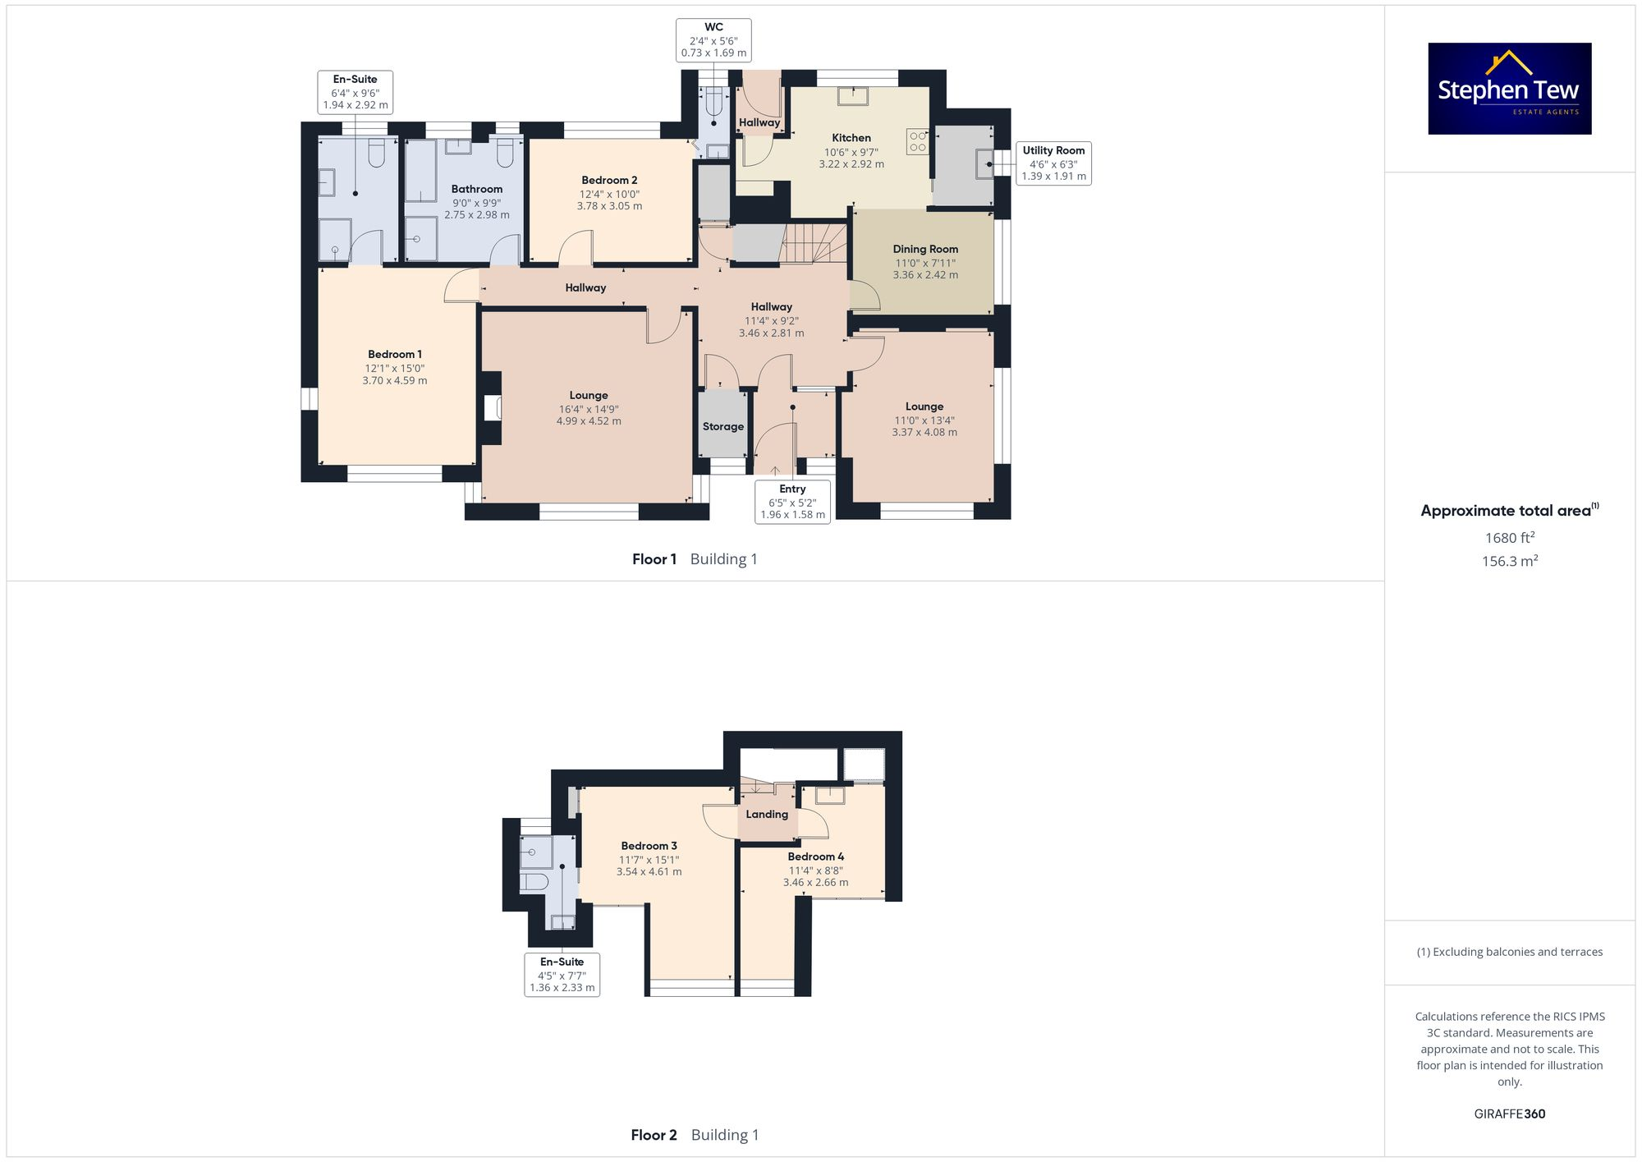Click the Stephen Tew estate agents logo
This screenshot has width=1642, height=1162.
point(1509,89)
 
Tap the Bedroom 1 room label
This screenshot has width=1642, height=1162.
point(394,355)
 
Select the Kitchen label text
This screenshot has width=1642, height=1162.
point(851,138)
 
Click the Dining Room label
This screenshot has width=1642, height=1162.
point(925,249)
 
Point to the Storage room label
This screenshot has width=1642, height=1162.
point(723,426)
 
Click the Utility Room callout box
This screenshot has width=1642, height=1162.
point(1053,163)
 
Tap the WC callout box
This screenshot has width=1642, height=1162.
point(713,39)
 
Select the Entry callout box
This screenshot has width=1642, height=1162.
point(792,501)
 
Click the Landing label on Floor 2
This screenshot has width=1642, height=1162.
point(767,815)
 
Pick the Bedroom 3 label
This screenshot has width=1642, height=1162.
point(649,846)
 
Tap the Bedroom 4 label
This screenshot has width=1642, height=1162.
point(815,857)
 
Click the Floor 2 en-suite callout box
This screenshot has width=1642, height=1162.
point(562,974)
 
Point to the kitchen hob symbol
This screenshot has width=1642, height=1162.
point(917,141)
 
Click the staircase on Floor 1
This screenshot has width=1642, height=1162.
point(813,242)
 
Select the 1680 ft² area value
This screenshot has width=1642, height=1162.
point(1509,538)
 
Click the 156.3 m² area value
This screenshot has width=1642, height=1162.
point(1509,561)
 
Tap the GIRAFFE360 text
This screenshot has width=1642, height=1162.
point(1509,1114)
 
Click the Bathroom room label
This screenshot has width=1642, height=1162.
point(476,189)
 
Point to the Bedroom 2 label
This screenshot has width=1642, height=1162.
point(609,180)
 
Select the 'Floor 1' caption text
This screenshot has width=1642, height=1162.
point(654,559)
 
